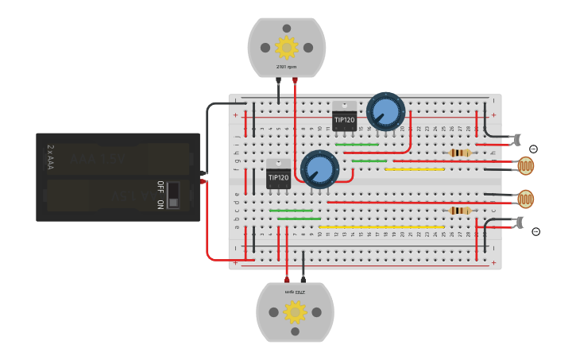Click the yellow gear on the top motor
coord(286,48)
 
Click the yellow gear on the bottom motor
coord(295,312)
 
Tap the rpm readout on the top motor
coord(286,67)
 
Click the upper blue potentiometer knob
coord(385,110)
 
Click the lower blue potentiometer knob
coord(319,168)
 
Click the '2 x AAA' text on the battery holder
coord(50,157)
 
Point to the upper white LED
coord(524,140)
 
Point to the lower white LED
coord(525,223)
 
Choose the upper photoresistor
coord(525,166)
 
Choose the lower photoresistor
coord(525,197)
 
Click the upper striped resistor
coord(459,153)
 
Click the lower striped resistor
coord(459,211)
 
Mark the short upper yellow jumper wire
coord(415,168)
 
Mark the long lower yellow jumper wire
coord(382,227)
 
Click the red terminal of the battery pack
coord(203,182)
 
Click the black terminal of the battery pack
coord(203,173)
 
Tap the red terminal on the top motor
coord(295,80)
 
